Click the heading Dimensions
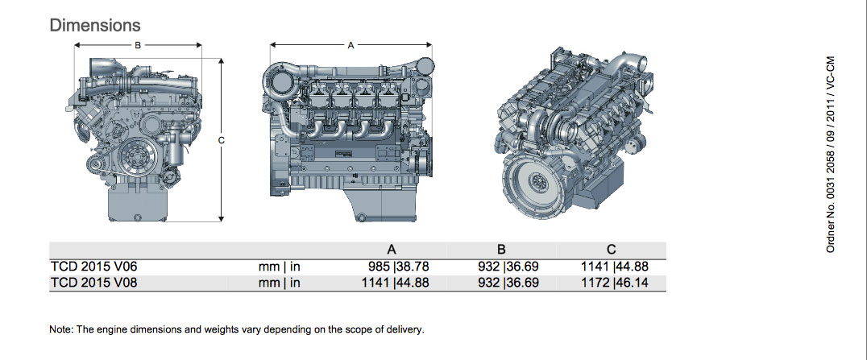(95, 26)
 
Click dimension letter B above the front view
(138, 45)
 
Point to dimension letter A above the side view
(351, 45)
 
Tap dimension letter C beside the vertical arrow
(221, 140)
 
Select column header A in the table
(392, 250)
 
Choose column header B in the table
(501, 250)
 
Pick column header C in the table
(611, 250)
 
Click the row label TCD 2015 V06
(93, 267)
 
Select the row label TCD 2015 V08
(93, 283)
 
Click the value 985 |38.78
(399, 267)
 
